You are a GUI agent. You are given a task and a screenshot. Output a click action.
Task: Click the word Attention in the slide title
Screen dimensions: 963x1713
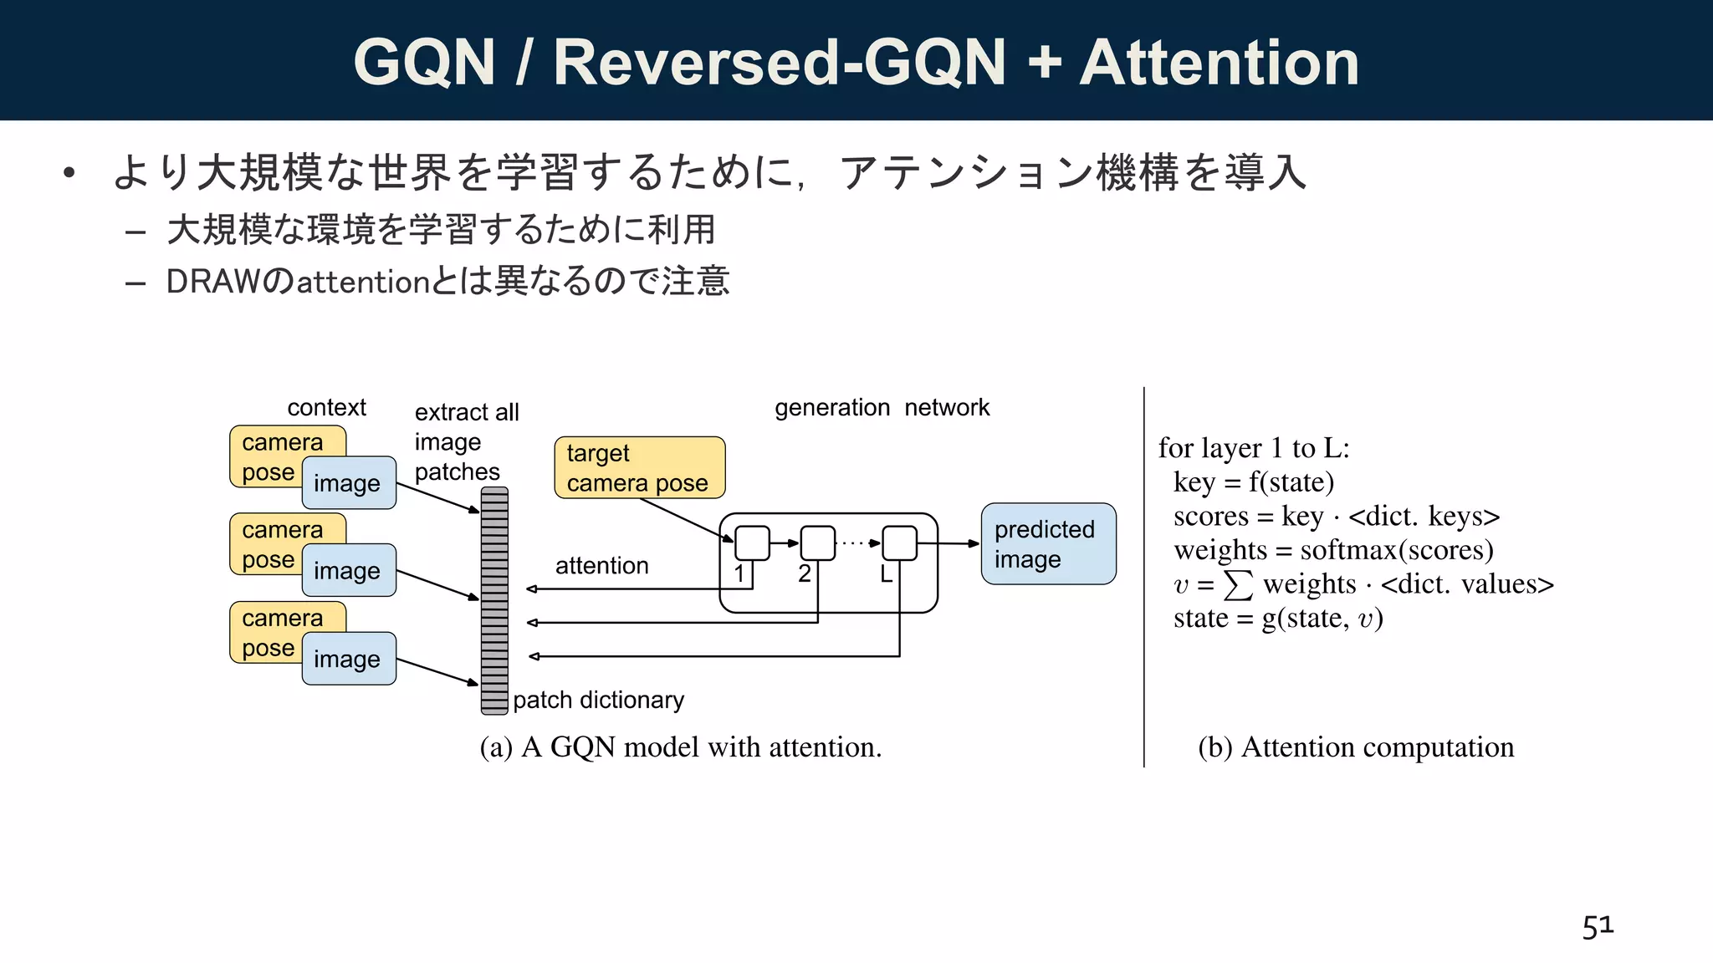point(1219,63)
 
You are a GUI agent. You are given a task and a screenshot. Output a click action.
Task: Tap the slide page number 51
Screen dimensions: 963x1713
point(1598,926)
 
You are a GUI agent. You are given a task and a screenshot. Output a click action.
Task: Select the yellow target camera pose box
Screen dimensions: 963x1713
point(639,467)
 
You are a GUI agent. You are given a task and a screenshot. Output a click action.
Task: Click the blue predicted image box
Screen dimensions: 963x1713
point(1048,543)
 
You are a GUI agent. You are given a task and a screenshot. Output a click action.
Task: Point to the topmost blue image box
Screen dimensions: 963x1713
point(349,483)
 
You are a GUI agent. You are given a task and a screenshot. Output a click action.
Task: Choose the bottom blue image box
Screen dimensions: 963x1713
point(349,659)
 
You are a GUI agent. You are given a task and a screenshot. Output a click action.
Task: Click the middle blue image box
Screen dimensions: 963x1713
point(349,570)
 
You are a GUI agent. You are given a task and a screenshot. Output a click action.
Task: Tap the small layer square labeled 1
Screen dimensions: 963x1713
point(752,543)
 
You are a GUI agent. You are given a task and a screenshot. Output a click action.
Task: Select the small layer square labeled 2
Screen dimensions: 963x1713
point(817,543)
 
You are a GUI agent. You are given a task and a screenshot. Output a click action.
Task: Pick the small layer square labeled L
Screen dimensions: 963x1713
point(899,543)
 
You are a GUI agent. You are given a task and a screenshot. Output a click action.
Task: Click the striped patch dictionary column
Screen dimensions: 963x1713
point(494,600)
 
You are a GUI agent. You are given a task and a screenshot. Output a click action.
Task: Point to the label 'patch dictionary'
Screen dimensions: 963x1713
point(598,700)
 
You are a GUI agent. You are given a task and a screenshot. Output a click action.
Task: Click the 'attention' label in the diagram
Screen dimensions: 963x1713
point(601,566)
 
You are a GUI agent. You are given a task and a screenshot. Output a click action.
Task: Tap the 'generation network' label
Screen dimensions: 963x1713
point(882,408)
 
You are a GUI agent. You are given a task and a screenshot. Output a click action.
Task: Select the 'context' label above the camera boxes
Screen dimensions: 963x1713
point(326,408)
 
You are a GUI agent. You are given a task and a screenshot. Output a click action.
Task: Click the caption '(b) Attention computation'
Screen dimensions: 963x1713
point(1355,746)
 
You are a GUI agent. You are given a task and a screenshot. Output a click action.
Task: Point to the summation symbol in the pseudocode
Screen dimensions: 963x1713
point(1238,585)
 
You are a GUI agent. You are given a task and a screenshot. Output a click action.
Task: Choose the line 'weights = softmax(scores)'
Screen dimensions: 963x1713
point(1333,550)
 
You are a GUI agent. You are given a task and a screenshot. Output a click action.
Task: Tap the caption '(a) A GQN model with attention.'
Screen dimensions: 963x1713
point(681,746)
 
